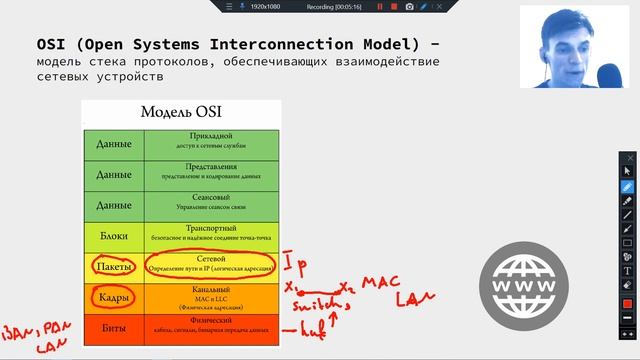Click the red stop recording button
point(380,7)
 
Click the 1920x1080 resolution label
point(265,7)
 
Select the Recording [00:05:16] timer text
point(328,7)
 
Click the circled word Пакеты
point(113,266)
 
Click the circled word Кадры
point(113,297)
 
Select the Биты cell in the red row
point(113,327)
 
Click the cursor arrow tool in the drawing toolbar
point(627,172)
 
